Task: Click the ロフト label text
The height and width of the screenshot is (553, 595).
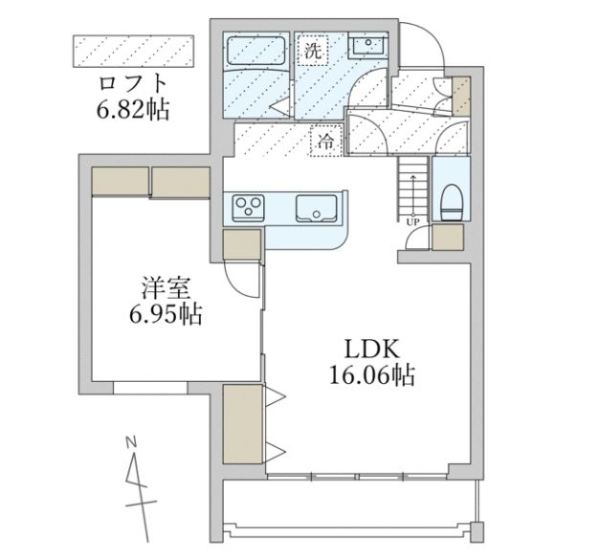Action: click(x=133, y=82)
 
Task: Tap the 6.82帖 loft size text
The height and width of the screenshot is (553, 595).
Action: click(x=133, y=111)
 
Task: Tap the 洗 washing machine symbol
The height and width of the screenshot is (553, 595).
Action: click(x=313, y=52)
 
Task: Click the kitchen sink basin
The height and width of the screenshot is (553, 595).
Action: click(x=314, y=206)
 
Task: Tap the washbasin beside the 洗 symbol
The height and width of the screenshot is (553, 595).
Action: click(x=365, y=46)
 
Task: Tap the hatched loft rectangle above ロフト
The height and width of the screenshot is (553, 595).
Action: click(x=133, y=52)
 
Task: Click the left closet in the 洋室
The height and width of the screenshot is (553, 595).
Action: click(x=120, y=181)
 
